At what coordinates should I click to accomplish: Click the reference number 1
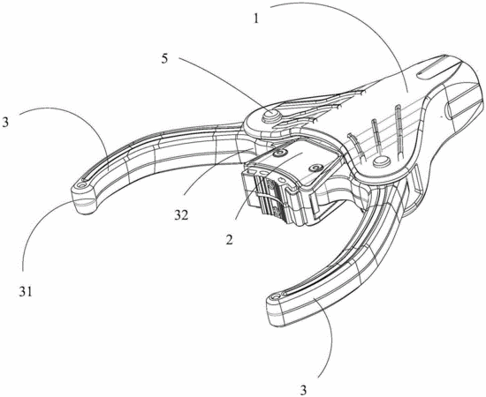tap(256, 19)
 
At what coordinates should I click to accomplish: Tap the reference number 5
tap(164, 59)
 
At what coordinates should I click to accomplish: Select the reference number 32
tap(181, 215)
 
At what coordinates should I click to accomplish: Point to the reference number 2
tap(229, 240)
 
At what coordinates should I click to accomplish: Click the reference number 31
tap(25, 291)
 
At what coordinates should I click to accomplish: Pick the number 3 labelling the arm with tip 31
tap(5, 123)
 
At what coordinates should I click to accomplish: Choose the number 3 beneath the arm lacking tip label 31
tap(303, 389)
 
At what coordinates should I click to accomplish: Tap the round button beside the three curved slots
tap(382, 161)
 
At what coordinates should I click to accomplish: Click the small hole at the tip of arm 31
tap(82, 184)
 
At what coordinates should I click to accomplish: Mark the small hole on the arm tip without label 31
tap(273, 297)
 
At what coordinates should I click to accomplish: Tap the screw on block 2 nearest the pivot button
tap(282, 153)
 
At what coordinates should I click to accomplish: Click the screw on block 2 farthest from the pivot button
tap(317, 168)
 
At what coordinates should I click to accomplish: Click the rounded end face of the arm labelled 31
tap(84, 204)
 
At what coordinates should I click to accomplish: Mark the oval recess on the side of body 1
tap(449, 110)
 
